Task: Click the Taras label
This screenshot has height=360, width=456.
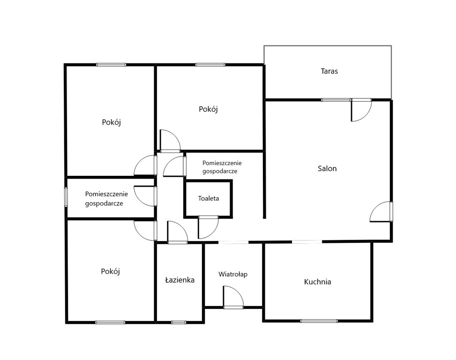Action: coord(329,71)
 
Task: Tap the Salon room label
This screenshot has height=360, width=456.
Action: coord(327,169)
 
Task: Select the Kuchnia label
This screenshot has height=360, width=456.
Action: coord(318,282)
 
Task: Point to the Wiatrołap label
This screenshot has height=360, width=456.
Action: coord(233,274)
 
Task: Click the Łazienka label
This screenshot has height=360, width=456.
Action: coord(179,280)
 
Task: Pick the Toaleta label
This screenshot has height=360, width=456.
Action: coord(209,199)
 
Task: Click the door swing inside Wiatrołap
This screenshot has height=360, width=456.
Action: coord(233,297)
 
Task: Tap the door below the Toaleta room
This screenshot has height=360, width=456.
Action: coord(208,227)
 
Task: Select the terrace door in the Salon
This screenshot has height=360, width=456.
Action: coord(361,110)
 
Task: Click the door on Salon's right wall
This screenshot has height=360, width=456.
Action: coord(381,212)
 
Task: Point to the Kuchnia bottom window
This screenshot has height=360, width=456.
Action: coord(319,321)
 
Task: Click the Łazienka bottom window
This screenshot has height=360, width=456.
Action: coord(179,322)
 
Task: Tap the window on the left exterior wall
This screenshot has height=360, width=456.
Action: coord(66,197)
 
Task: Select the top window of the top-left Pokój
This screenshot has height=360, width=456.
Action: coord(111,65)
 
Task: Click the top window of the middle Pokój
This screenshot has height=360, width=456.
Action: coord(210,65)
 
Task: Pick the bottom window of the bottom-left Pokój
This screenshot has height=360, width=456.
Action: coord(110,322)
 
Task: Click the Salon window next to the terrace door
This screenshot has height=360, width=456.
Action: coord(336,100)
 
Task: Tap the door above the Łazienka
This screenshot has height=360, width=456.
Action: coord(178,232)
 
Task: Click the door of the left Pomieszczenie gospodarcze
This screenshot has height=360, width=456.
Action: coord(145,196)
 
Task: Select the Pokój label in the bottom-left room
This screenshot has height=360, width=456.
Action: coord(110,271)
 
